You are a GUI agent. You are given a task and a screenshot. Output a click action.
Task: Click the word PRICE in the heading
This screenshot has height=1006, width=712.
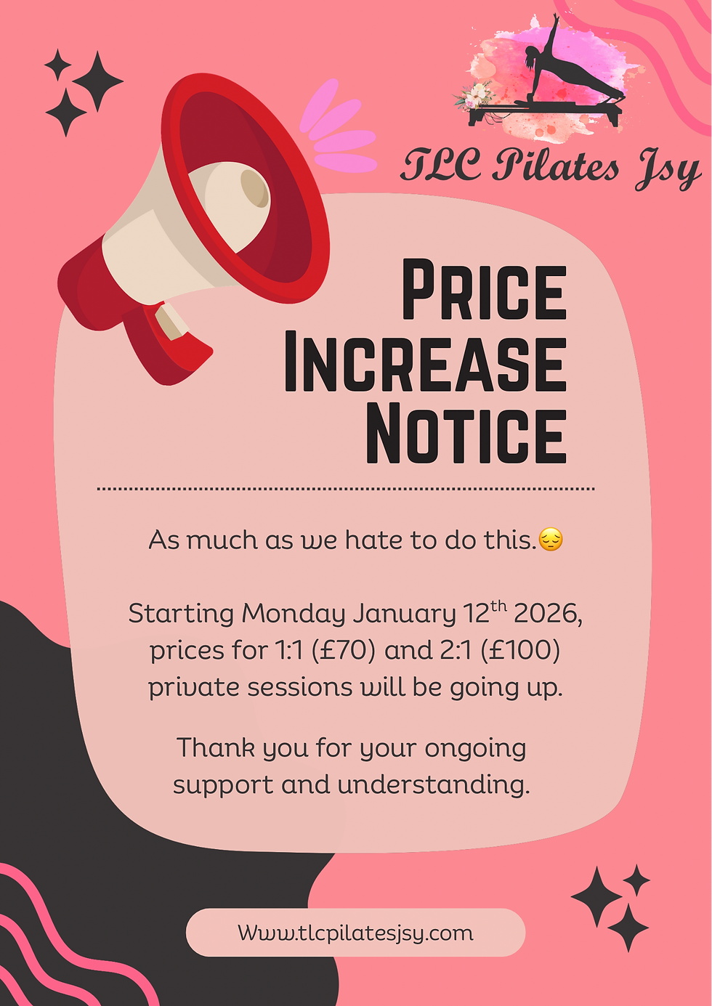[x=484, y=291]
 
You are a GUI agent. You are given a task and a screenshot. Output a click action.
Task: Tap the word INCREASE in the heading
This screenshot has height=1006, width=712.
[x=425, y=362]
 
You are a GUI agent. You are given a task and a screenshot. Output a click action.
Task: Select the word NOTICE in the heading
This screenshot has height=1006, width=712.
[x=466, y=434]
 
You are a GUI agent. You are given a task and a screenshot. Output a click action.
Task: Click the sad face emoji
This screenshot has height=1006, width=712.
[x=551, y=540]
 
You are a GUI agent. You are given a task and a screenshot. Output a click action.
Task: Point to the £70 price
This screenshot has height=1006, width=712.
[x=344, y=650]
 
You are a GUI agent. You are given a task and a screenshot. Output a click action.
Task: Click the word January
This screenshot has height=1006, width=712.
[x=405, y=614]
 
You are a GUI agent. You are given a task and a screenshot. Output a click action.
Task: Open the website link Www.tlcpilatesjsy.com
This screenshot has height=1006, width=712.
[x=355, y=933]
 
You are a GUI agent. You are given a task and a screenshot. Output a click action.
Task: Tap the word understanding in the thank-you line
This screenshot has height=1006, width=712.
[x=433, y=785]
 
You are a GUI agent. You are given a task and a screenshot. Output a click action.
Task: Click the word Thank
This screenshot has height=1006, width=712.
[x=215, y=747]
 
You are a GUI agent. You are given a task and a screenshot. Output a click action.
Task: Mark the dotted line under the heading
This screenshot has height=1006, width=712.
[x=346, y=489]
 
